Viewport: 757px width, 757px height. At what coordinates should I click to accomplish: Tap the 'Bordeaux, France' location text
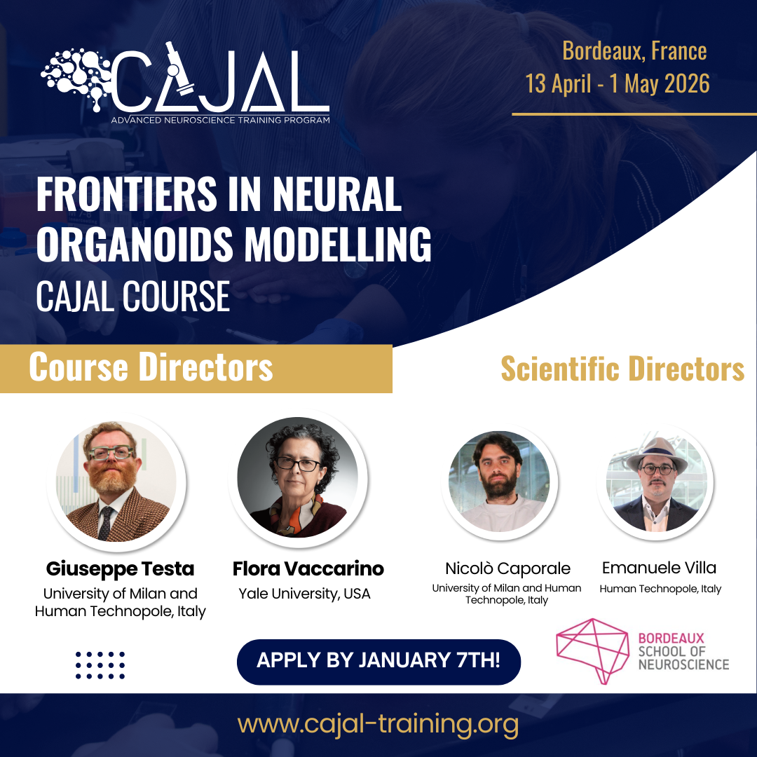point(634,51)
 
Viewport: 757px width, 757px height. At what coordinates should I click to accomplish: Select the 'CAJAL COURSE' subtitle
point(132,296)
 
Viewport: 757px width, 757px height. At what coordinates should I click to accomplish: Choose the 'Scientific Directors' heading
point(622,369)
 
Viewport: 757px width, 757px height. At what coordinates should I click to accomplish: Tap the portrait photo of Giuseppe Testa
point(116,482)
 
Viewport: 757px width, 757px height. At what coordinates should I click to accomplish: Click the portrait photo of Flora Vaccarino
point(298,477)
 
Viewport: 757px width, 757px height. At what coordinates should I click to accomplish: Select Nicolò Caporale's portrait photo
point(499,482)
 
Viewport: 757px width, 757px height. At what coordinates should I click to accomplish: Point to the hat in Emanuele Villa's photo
point(657,454)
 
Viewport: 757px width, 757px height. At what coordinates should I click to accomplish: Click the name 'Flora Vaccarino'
point(308,568)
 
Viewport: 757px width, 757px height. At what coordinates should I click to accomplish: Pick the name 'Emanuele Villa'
point(659,568)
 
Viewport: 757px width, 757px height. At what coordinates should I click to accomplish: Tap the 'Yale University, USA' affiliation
point(305,594)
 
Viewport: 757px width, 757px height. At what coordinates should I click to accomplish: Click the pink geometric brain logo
point(593,650)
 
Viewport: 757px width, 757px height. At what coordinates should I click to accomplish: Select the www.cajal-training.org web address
point(378,724)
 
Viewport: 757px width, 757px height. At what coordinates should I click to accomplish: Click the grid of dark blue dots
point(100,665)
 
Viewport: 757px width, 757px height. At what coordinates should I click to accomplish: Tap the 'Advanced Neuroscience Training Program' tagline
point(221,120)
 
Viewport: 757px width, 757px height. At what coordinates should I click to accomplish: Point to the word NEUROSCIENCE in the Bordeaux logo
point(683,664)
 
